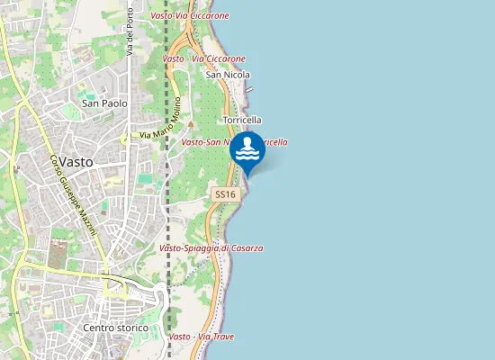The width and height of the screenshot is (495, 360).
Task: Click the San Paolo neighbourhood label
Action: [104, 103]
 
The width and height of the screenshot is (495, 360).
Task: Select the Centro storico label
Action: [113, 328]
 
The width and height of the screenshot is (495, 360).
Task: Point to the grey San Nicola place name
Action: [228, 75]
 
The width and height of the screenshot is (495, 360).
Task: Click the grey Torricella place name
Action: [241, 120]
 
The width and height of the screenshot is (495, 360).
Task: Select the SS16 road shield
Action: [225, 194]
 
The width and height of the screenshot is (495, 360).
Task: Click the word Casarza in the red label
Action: [244, 247]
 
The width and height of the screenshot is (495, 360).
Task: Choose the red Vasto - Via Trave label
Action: [202, 337]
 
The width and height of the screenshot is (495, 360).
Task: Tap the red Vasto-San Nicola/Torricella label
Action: [234, 142]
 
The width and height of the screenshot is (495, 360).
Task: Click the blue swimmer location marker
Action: [247, 151]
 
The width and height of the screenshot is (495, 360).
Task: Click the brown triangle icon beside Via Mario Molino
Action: [190, 124]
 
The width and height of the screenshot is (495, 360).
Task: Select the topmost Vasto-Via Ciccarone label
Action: [190, 16]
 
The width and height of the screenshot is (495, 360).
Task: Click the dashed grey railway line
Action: [167, 180]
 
